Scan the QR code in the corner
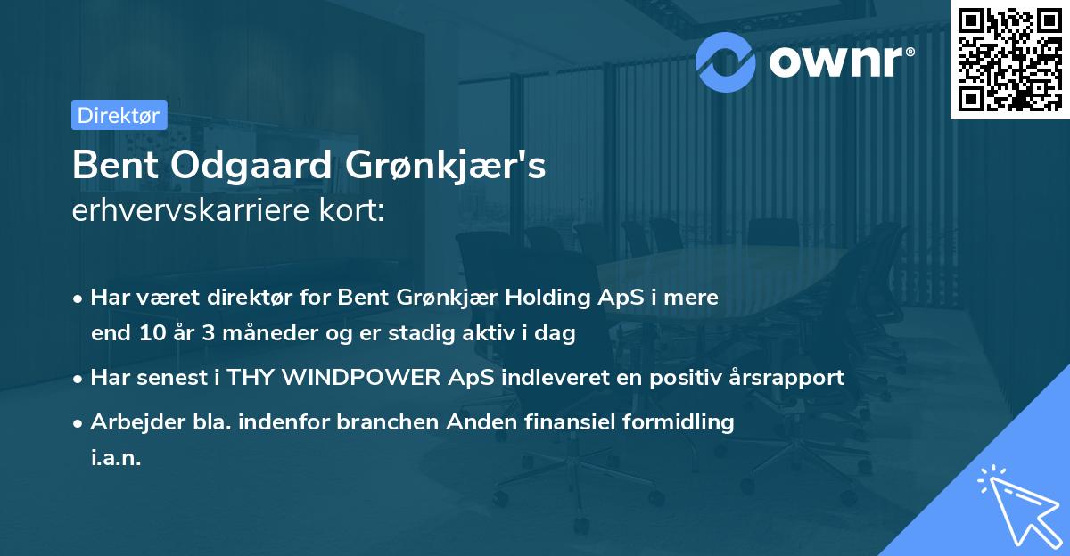(1008, 59)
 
